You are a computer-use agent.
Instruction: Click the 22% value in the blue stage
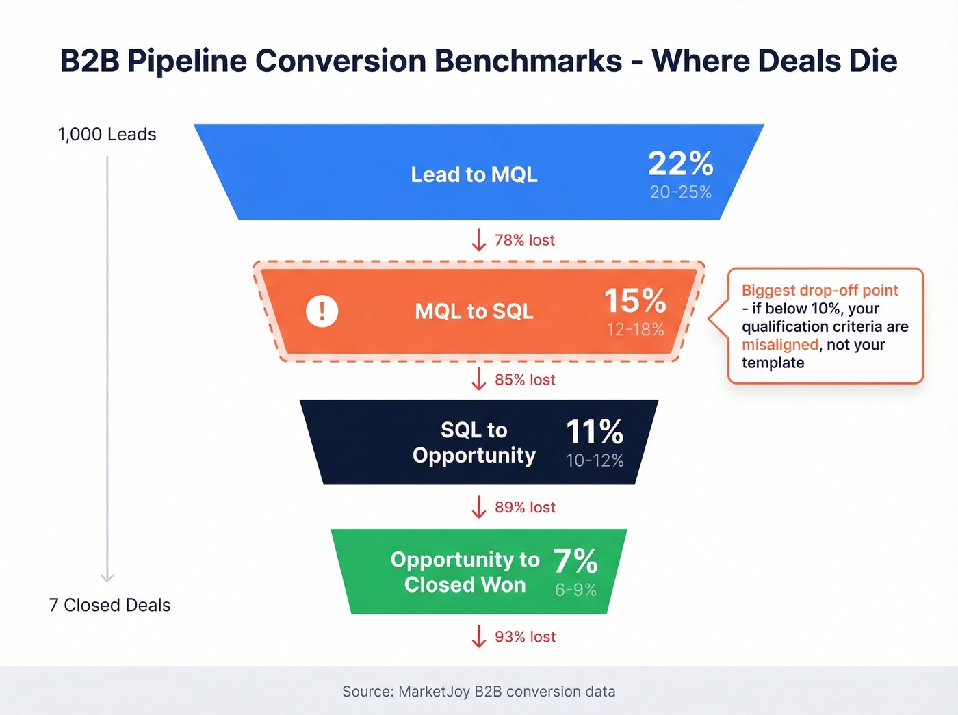(x=680, y=164)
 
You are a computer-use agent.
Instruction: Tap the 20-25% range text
(x=680, y=192)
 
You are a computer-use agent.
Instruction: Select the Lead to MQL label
(x=474, y=174)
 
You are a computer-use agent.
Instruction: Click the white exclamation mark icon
(x=322, y=311)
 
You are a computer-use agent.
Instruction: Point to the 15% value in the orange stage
(x=634, y=301)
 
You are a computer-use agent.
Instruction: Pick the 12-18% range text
(x=635, y=330)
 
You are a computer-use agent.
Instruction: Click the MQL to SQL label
(x=474, y=311)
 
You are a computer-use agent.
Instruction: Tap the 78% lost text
(x=524, y=240)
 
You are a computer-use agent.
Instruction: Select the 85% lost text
(x=524, y=380)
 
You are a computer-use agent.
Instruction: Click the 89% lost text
(x=524, y=508)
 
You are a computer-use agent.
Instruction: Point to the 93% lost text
(x=524, y=637)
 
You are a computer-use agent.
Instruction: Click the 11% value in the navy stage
(x=594, y=432)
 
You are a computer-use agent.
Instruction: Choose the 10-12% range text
(x=594, y=460)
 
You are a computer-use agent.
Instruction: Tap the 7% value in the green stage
(x=575, y=561)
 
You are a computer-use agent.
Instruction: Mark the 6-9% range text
(x=575, y=590)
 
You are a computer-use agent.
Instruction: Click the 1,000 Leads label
(x=107, y=134)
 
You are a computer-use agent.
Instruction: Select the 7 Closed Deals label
(x=109, y=605)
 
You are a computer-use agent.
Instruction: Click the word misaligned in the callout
(x=779, y=345)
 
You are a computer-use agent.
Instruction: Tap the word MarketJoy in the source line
(x=434, y=692)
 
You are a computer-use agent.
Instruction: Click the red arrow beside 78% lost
(x=479, y=240)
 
